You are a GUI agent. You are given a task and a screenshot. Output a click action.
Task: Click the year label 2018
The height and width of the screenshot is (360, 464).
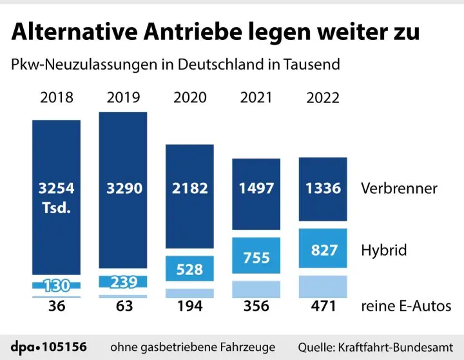pos(57,98)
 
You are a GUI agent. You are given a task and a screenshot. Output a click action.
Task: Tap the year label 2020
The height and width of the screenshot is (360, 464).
pos(190,98)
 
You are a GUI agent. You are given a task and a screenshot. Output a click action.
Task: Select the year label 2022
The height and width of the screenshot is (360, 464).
pos(323,98)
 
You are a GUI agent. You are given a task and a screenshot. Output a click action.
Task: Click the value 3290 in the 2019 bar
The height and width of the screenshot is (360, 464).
pos(123,189)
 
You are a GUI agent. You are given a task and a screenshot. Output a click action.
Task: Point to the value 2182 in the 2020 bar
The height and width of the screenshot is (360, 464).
pos(190,189)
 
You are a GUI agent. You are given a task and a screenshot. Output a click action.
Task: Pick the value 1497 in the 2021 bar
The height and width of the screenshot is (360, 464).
pos(256,189)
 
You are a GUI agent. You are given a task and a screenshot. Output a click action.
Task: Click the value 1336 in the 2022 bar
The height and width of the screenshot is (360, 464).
pos(323,189)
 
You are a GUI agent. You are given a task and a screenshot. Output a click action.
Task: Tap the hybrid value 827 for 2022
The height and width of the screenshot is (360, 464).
pos(323,250)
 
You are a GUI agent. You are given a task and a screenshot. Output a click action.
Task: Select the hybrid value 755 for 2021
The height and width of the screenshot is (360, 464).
pos(256,258)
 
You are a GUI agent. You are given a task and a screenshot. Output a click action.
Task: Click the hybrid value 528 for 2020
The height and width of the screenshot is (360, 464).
pos(190,270)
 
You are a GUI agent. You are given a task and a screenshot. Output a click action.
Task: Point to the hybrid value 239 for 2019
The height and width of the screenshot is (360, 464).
pos(123,282)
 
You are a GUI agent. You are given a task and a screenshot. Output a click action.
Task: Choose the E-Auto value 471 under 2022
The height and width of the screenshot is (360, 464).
pos(323,307)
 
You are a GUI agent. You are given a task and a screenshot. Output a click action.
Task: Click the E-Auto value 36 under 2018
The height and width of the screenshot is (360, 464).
pos(57,307)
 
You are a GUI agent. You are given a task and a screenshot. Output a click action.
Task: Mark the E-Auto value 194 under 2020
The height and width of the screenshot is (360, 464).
pos(190,307)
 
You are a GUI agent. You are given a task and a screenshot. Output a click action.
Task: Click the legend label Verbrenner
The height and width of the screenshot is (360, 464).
pos(399,189)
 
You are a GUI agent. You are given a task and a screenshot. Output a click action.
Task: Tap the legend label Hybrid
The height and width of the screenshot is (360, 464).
pos(383,250)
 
